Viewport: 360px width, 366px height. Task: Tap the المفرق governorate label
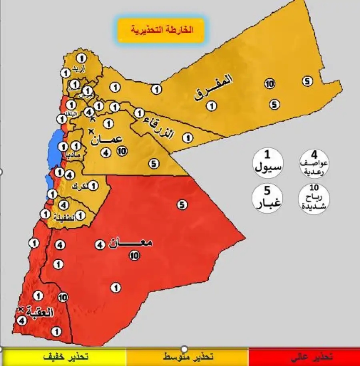[214, 88]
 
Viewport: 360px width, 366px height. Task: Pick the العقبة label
[42, 313]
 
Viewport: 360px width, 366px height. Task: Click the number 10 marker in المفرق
[270, 84]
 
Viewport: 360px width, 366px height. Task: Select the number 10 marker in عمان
[122, 151]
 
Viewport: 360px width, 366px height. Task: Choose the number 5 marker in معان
[182, 205]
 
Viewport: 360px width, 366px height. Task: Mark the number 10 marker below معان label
[134, 255]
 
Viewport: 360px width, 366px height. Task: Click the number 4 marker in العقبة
[22, 320]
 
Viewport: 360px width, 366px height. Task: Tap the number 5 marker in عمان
[154, 163]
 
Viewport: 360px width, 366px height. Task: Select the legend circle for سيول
[268, 162]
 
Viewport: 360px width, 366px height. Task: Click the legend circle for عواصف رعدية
[314, 162]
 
